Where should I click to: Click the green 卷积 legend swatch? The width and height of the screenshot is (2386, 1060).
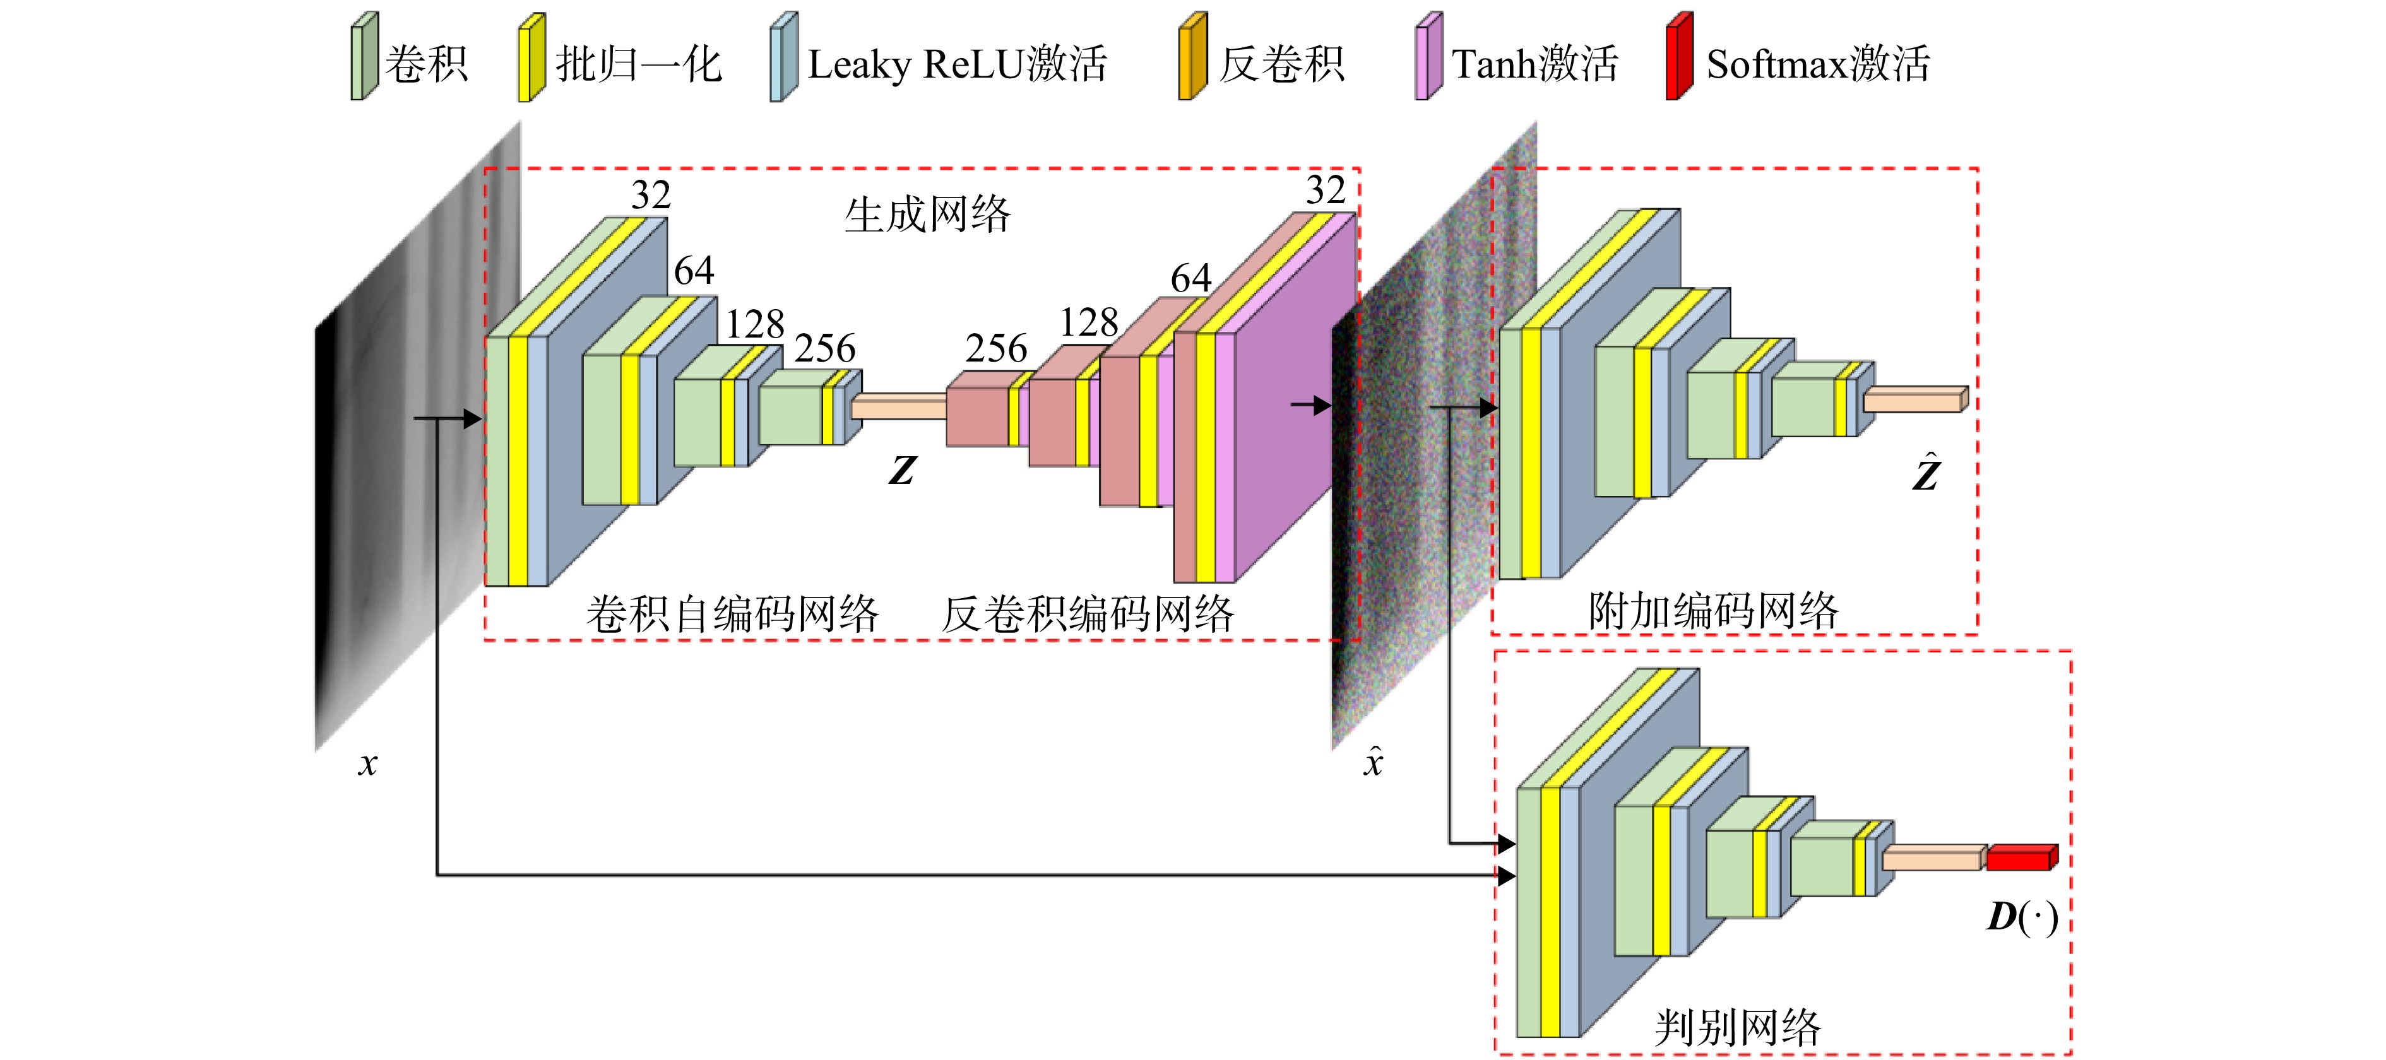pos(364,56)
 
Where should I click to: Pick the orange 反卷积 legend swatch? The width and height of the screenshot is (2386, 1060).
pos(1192,56)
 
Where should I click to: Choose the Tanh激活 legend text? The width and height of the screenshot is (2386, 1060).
pos(1534,64)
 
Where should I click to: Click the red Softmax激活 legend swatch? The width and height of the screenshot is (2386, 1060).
pos(1679,56)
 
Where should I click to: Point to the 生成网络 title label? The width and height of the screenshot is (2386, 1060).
pos(927,215)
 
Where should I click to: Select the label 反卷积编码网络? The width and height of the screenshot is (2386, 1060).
pos(1088,614)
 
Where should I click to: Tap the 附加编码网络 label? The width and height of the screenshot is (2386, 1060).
pos(1714,611)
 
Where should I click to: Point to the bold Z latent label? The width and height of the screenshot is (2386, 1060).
pos(902,470)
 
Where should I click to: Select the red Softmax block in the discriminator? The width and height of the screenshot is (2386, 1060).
pos(2022,857)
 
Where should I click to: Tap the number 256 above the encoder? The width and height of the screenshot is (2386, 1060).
pos(824,348)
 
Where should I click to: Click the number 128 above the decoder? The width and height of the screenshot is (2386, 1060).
pos(1089,322)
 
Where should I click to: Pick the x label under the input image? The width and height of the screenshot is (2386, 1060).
pos(368,763)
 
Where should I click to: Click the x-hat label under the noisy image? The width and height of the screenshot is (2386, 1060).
pos(1374,760)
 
